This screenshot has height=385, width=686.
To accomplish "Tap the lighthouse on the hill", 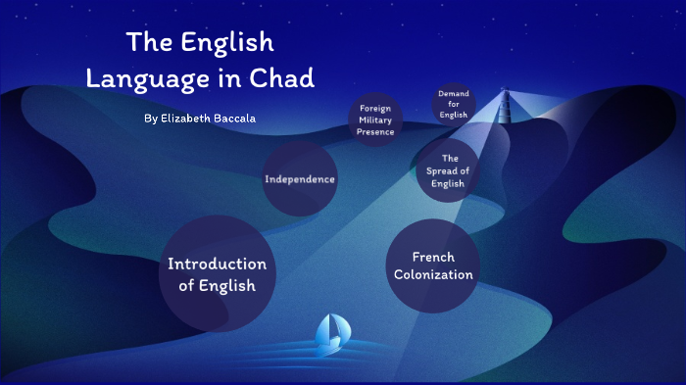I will coord(507,103).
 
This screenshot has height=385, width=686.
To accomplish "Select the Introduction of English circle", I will coord(217,274).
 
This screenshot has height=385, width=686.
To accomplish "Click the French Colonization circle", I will coord(433,266).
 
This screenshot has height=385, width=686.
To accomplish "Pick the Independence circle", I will coord(300,179).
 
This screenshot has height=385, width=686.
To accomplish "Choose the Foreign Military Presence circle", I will coord(376,120).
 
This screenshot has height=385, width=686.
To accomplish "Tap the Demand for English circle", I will coord(454,104).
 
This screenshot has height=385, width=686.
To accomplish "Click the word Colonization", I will coord(433,275).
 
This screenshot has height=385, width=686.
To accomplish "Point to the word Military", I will coord(376,120).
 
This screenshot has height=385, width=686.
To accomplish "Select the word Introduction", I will coord(217,265).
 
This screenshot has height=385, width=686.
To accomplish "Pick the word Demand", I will coord(454,93).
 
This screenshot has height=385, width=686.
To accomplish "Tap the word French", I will coord(433,257).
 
